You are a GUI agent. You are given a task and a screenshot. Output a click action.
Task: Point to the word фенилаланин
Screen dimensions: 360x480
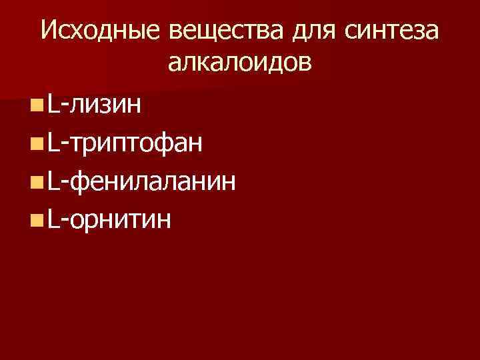pos(153,181)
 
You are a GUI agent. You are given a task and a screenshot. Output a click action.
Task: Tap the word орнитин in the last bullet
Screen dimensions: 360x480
pos(119,219)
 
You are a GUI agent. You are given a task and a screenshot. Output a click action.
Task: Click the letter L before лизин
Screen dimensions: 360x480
pos(53,105)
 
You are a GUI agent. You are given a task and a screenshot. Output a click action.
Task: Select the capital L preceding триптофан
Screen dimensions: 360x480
pos(53,143)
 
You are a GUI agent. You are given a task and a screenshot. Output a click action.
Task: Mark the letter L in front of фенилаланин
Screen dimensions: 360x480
pos(53,181)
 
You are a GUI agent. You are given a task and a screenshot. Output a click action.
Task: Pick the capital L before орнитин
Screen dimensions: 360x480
pos(53,219)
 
